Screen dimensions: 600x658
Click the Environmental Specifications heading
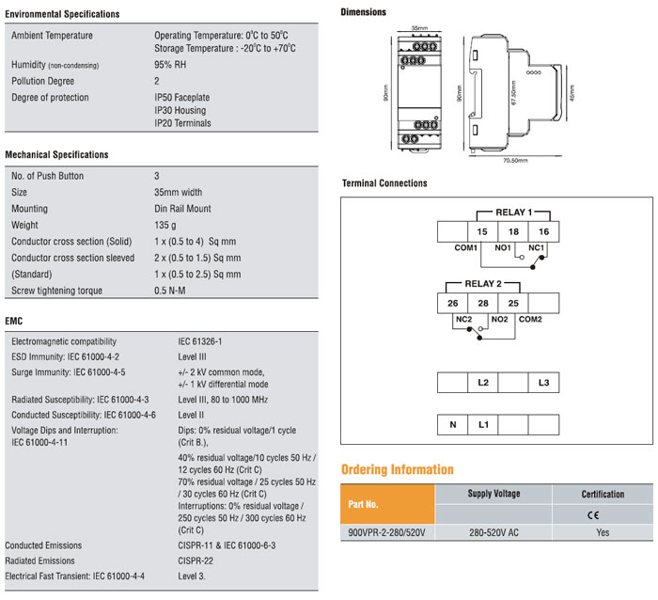click(62, 14)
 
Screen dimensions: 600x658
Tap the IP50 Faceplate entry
click(181, 98)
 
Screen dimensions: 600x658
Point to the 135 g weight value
click(165, 226)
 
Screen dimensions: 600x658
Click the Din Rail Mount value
click(182, 209)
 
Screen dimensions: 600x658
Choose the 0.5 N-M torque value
click(170, 291)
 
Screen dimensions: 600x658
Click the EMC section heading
click(15, 320)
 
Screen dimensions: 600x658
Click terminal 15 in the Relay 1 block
click(482, 231)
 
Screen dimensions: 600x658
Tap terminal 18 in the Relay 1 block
click(512, 231)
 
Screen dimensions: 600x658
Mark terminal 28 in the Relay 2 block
click(482, 303)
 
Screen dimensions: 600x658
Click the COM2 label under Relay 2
click(531, 319)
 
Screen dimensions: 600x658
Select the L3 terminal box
click(543, 383)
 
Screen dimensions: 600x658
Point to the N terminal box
click(452, 425)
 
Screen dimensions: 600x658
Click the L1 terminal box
click(483, 425)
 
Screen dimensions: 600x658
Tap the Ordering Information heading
click(397, 469)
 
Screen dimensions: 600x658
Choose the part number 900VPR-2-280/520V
click(388, 532)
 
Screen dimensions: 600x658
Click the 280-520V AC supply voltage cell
click(493, 532)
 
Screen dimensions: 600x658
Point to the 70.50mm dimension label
click(515, 161)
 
